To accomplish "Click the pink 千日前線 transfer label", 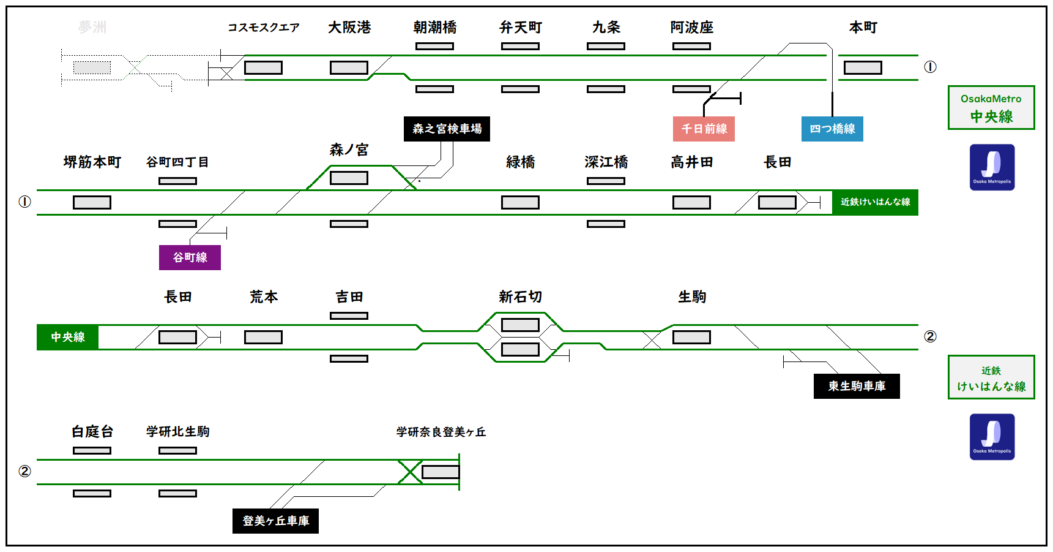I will (x=704, y=129).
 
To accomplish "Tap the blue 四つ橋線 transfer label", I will (x=832, y=129).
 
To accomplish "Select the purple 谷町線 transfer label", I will (x=190, y=257).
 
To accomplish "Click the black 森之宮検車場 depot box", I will (x=447, y=129).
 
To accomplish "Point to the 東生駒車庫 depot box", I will (x=857, y=386).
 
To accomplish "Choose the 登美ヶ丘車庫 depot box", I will (x=275, y=521).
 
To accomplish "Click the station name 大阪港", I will (x=349, y=28).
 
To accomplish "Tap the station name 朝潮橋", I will (x=435, y=28).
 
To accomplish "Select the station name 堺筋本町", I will (x=92, y=162).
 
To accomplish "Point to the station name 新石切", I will (x=520, y=297).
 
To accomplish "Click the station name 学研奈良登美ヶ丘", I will (x=441, y=432).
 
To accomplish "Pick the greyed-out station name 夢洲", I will (x=92, y=28).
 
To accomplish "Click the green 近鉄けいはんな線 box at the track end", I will (x=875, y=202).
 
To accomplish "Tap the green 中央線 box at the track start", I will (x=67, y=337).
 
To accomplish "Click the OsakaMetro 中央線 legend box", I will (x=991, y=108).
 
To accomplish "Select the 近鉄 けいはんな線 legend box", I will (x=991, y=377).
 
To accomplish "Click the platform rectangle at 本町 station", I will (x=863, y=67).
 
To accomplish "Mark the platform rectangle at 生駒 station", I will (x=691, y=337).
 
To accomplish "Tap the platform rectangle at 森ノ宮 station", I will (x=349, y=178).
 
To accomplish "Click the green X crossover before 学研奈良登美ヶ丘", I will (x=410, y=472).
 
